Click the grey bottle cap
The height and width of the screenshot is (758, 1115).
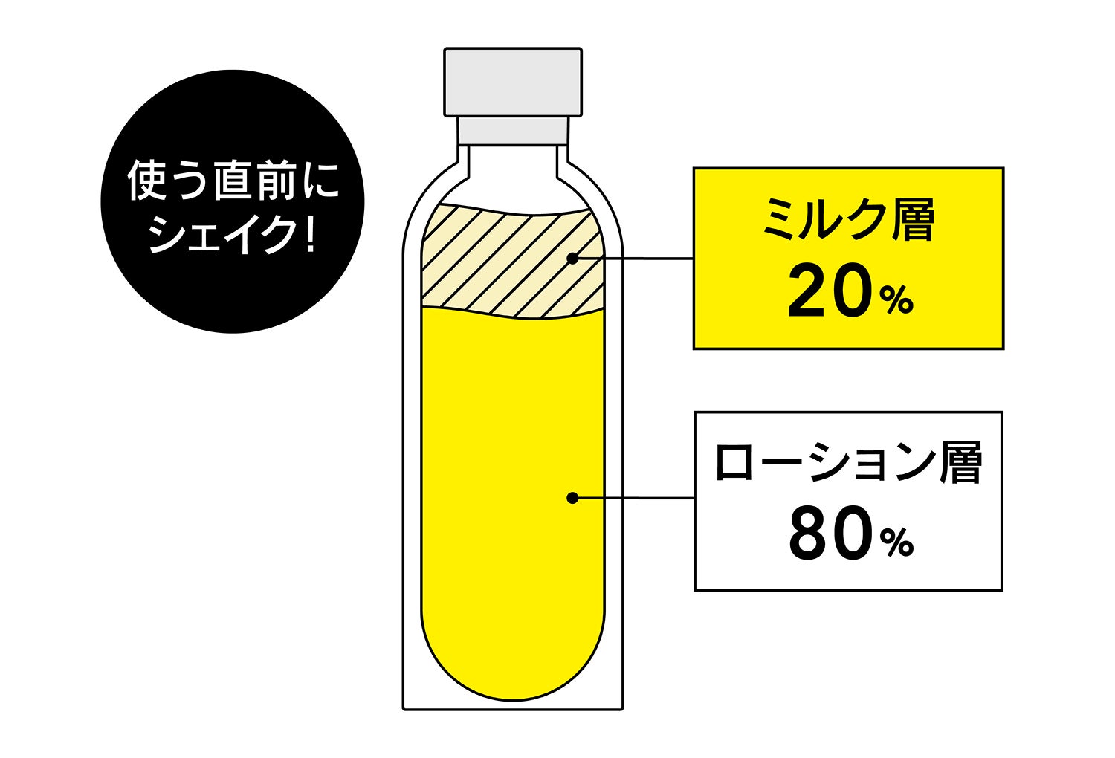coord(513,82)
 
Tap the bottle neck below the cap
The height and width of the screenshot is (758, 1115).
coord(513,130)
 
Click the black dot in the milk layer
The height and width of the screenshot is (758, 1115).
coord(572,259)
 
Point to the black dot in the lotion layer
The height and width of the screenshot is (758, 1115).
coord(572,498)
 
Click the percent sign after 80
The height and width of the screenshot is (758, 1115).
coord(897,543)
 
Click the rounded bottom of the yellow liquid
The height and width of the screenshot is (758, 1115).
coord(513,669)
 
